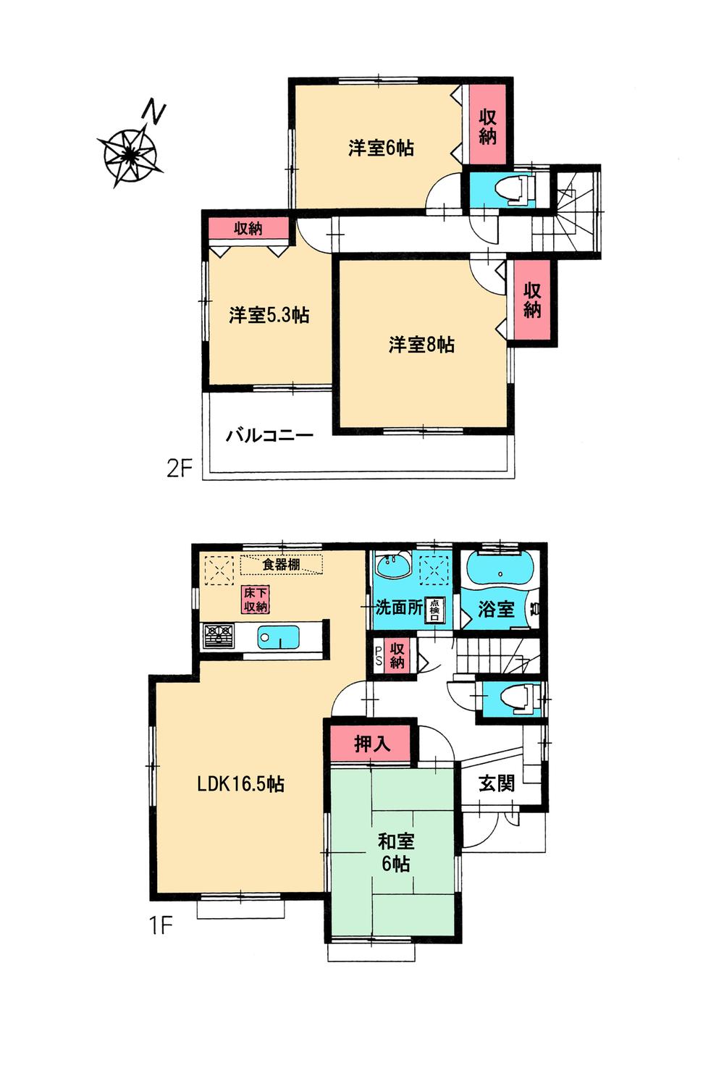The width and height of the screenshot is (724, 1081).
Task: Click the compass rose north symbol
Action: (x=132, y=153)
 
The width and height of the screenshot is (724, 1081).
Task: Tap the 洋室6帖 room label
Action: (x=381, y=148)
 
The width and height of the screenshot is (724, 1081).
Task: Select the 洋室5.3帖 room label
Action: (x=269, y=316)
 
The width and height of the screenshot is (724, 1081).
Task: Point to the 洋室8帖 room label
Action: (x=421, y=345)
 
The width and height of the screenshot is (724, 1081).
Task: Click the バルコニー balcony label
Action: (x=269, y=435)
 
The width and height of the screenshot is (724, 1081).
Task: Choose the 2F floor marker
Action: (x=179, y=468)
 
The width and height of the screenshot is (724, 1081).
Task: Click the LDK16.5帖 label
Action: (x=241, y=783)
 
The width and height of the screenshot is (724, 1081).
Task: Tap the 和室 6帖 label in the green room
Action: (x=395, y=852)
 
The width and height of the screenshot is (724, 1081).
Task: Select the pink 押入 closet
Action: (x=372, y=744)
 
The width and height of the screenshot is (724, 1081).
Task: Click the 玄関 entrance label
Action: (x=497, y=783)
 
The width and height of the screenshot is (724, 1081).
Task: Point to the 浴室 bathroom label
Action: (x=496, y=609)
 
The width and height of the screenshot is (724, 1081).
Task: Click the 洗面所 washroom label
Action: (x=397, y=607)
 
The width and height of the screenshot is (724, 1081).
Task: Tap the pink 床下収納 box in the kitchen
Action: (x=256, y=600)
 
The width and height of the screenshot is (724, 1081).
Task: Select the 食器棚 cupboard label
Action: (x=281, y=564)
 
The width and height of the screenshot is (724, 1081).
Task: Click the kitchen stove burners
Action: (x=219, y=636)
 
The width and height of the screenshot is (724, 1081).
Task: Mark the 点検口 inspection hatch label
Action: (x=435, y=610)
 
